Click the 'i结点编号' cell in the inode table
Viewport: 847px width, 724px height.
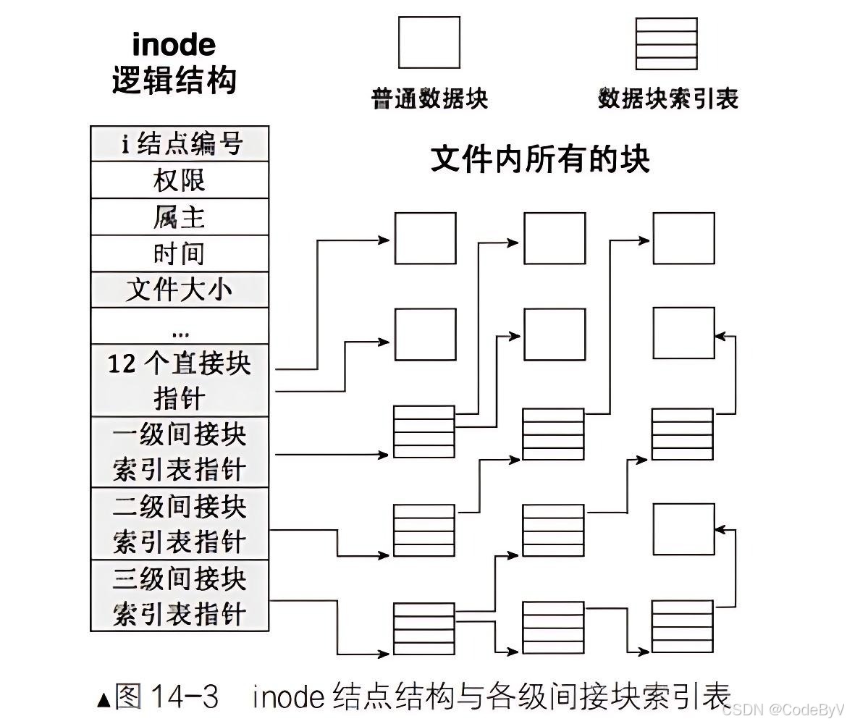click(180, 143)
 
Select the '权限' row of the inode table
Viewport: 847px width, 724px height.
click(180, 180)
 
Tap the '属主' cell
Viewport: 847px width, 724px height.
click(180, 216)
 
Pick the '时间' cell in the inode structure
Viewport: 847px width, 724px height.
click(180, 253)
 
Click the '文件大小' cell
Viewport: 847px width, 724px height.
click(180, 290)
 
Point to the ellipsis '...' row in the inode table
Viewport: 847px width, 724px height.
click(180, 327)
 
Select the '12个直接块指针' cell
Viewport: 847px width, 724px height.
click(180, 380)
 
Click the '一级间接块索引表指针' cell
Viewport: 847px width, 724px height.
click(180, 452)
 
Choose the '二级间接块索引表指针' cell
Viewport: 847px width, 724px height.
click(180, 523)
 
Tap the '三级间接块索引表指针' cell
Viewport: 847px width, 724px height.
click(180, 595)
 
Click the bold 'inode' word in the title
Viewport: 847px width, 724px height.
click(174, 45)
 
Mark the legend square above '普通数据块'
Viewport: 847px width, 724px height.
click(429, 43)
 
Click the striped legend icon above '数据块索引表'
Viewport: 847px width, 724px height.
click(666, 43)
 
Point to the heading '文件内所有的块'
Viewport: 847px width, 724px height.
click(540, 159)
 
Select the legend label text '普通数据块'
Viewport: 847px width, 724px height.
click(429, 98)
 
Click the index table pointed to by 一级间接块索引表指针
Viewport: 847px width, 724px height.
click(424, 432)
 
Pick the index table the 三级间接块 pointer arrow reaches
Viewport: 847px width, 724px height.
click(424, 628)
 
